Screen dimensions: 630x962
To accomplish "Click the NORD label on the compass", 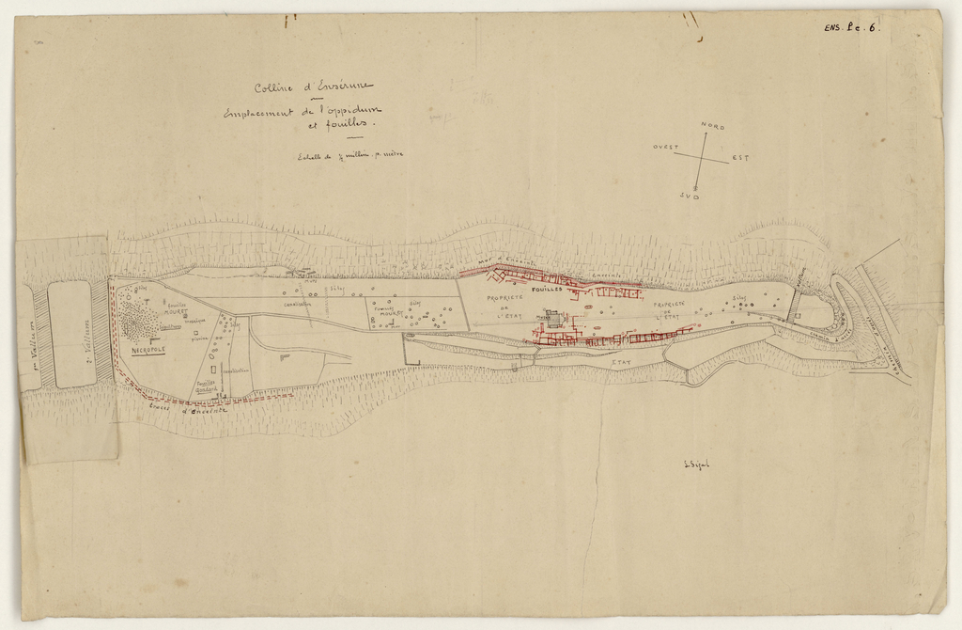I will coord(712,126).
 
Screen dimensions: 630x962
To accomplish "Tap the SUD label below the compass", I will coord(690,196).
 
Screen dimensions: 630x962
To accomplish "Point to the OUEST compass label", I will coord(666,148).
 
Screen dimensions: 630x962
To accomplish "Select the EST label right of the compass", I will coord(741,158).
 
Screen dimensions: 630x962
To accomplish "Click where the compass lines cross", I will coord(701,160).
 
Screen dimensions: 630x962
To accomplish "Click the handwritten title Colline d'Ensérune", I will coord(313,88).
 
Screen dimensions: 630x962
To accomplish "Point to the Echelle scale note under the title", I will coord(349,156).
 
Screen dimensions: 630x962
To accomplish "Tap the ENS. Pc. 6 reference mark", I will coord(851,28).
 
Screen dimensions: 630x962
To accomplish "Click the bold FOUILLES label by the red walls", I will coord(546,291).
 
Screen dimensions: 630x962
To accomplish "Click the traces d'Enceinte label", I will coord(187,410).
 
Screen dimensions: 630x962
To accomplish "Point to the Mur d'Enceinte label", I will coord(505,260).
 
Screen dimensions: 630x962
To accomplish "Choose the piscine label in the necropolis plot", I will coord(199,339).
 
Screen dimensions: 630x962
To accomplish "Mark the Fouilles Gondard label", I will coord(207,385).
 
